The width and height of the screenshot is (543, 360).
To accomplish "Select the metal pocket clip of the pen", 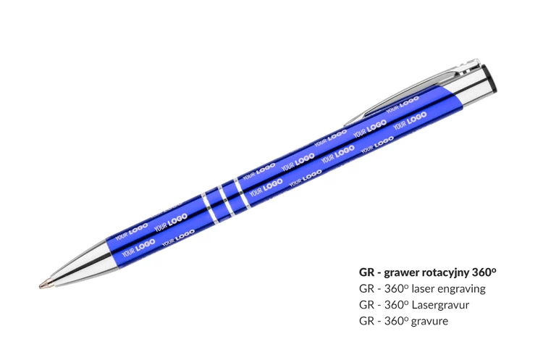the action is [412, 92].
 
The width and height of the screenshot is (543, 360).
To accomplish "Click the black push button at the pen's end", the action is [490, 78].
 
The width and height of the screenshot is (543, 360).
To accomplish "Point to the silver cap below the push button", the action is [473, 87].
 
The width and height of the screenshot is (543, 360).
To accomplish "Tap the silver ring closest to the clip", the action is [242, 194].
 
